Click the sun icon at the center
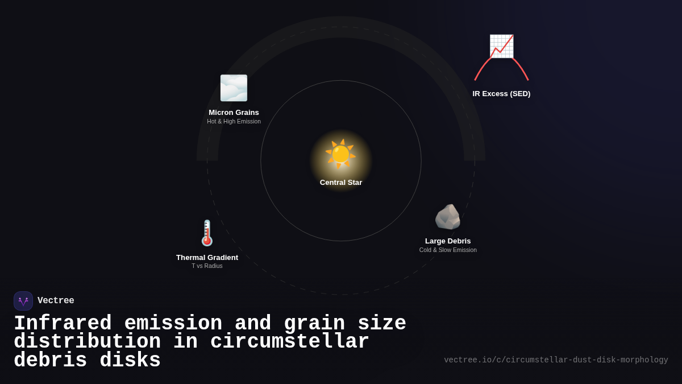point(340,154)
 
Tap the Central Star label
point(341,183)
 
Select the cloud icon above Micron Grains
point(234,88)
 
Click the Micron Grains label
point(234,113)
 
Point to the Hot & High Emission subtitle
point(234,122)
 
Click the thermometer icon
point(207,233)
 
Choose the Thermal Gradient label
point(207,258)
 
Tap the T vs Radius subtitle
point(207,266)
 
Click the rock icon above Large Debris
point(448,217)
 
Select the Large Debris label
point(448,241)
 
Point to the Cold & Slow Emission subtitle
point(448,250)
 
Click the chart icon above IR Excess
point(501,47)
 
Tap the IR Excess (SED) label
point(501,94)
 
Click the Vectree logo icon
point(23,301)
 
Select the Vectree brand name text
point(56,301)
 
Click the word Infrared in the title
point(63,324)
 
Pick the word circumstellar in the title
point(289,342)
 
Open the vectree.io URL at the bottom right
point(556,360)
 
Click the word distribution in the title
point(87,342)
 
